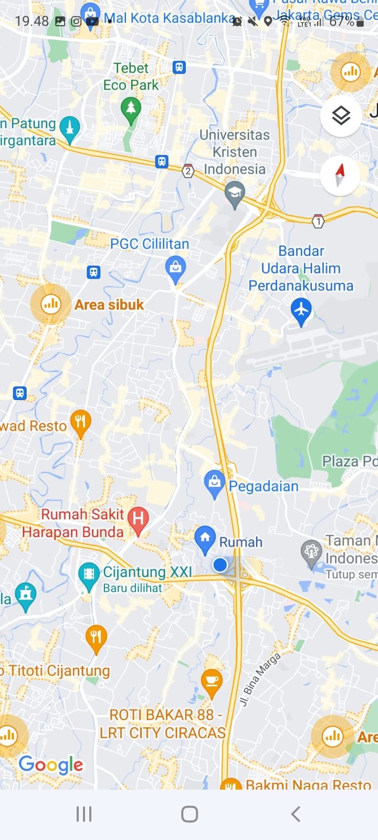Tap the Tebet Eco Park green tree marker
point(131,109)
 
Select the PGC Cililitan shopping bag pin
point(175,268)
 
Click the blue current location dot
point(220,565)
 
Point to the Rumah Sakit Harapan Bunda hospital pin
point(138,520)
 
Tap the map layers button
point(341,115)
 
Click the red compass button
point(340,175)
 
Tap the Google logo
point(51,765)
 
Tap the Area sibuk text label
point(109,304)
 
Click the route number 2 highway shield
point(188,171)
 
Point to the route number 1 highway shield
point(318,221)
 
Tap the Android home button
point(190,814)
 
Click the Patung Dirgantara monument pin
point(69,128)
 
